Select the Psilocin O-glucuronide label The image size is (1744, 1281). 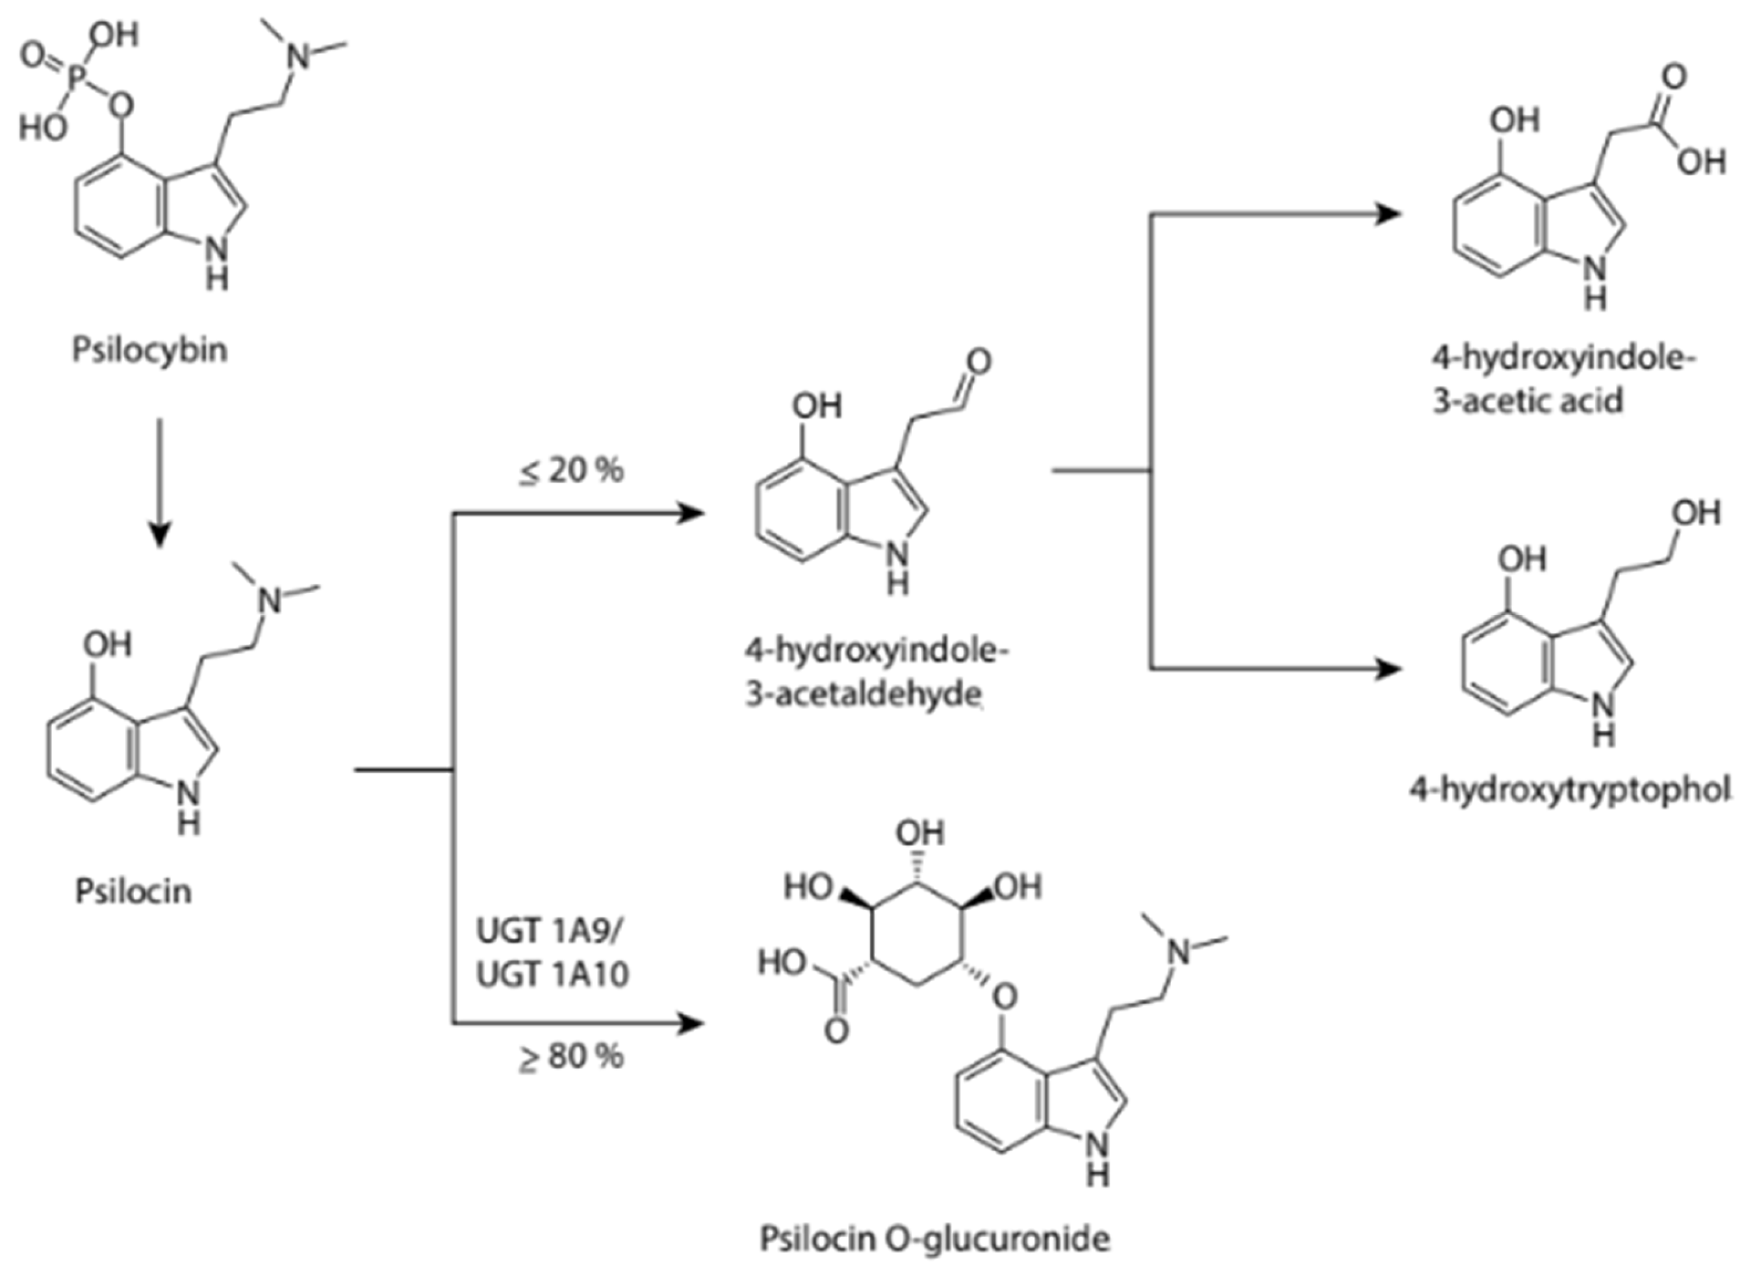point(933,1238)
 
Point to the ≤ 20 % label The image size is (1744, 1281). point(571,471)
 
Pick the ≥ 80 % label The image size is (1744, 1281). point(571,1057)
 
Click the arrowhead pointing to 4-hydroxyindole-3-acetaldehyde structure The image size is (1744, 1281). point(691,513)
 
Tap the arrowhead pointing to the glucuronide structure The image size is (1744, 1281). point(691,1024)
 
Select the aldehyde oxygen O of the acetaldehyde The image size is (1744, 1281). point(979,362)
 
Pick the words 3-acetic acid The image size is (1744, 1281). point(1526,402)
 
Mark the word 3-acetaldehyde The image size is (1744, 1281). point(864,694)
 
